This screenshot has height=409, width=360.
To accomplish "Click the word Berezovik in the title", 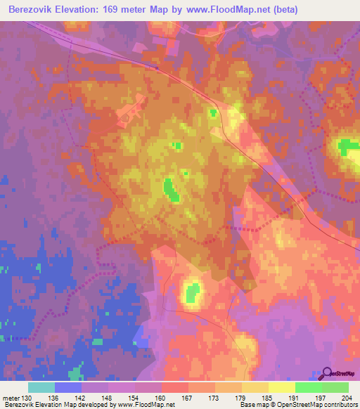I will pyautogui.click(x=36, y=10).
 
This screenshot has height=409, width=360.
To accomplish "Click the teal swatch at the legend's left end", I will pyautogui.click(x=41, y=387).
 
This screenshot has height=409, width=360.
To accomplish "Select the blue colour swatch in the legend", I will pyautogui.click(x=68, y=387).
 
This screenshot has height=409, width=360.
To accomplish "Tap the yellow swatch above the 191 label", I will pyautogui.click(x=282, y=387).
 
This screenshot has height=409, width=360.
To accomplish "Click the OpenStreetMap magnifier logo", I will pyautogui.click(x=328, y=373).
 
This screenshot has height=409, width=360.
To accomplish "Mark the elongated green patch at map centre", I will pyautogui.click(x=169, y=188).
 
